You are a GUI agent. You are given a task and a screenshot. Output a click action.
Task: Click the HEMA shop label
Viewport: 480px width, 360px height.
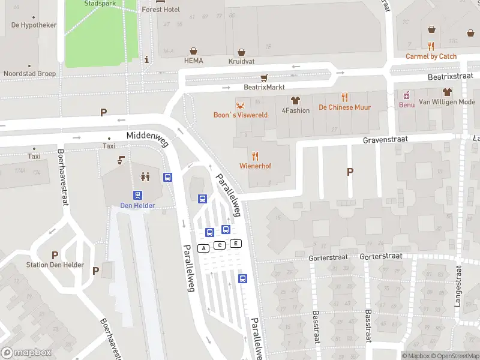(x=194, y=61)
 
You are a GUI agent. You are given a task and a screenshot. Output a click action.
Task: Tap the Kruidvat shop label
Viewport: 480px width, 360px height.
(x=241, y=61)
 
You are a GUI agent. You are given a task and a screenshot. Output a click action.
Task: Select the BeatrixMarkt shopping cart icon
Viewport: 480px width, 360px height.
(x=264, y=77)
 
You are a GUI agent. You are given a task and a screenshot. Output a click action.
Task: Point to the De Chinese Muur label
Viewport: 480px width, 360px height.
(x=344, y=107)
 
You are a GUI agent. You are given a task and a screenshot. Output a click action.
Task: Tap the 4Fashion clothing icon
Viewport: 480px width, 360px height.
(x=295, y=100)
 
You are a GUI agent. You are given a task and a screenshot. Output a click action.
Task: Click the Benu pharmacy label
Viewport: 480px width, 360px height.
(x=406, y=104)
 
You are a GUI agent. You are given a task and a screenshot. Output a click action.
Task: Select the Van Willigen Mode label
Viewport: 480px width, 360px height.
(x=446, y=102)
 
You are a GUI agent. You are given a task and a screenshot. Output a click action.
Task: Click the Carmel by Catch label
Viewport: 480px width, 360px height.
(x=431, y=56)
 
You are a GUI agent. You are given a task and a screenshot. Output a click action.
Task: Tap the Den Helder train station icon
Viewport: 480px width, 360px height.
(x=138, y=195)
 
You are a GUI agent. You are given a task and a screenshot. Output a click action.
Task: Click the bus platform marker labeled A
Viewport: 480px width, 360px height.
(x=204, y=248)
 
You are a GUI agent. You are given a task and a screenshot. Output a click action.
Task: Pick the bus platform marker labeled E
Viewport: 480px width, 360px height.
(x=236, y=243)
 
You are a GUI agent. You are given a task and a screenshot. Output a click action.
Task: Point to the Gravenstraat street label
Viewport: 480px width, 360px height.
(x=385, y=139)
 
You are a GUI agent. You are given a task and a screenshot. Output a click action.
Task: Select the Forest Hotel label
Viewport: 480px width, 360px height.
(x=161, y=10)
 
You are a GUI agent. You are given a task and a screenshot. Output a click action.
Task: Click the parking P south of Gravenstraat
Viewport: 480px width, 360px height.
(x=350, y=172)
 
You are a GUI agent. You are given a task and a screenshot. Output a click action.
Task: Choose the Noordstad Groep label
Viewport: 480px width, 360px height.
(x=29, y=74)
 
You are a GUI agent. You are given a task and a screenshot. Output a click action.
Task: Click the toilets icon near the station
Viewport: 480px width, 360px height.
(x=145, y=176)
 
